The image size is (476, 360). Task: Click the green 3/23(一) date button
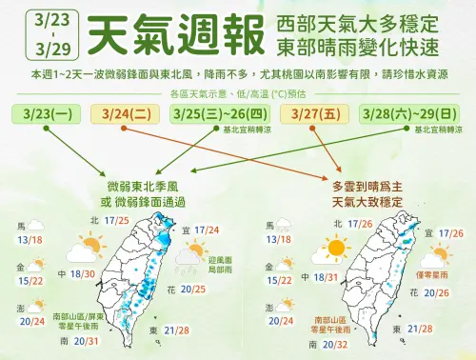[47, 115]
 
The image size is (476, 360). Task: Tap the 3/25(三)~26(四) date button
[213, 115]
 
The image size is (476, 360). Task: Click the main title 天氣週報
[172, 35]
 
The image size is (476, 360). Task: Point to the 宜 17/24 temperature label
[201, 230]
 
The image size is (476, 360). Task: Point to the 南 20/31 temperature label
[78, 340]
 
